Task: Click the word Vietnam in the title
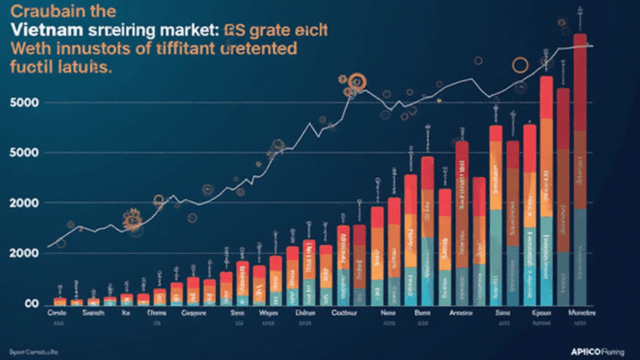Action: [x=42, y=28]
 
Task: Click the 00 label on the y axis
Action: [x=33, y=304]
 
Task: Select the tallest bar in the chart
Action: [x=580, y=167]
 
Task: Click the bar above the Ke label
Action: [x=127, y=300]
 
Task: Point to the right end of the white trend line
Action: [x=590, y=46]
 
